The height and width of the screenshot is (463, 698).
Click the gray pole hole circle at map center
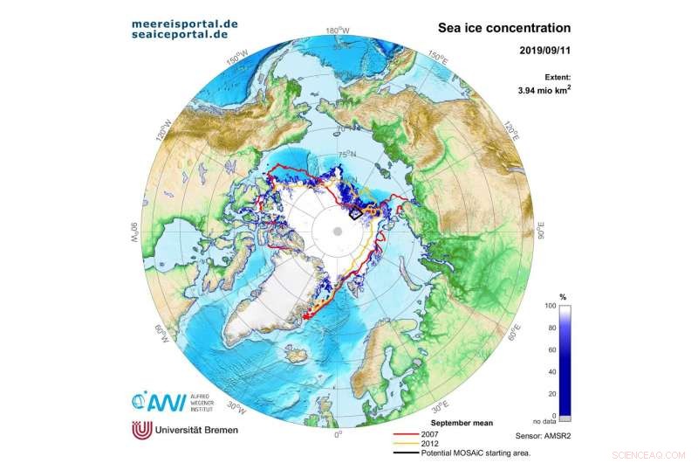click(x=337, y=231)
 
